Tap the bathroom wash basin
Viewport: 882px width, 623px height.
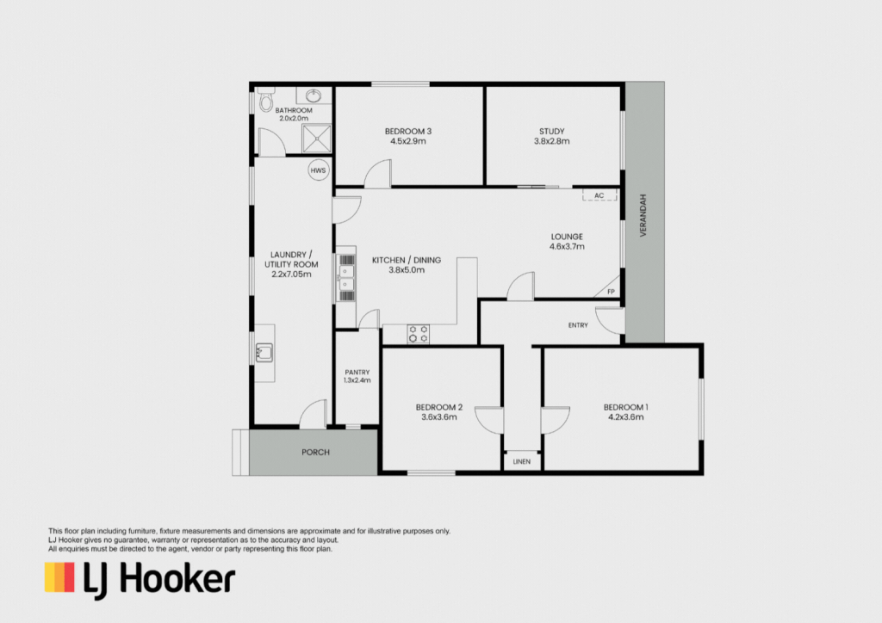tap(314, 96)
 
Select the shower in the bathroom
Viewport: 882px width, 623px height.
tap(317, 139)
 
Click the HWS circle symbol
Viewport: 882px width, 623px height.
tap(318, 170)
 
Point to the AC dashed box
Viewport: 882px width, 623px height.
tap(599, 195)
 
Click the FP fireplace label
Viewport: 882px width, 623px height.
tap(611, 292)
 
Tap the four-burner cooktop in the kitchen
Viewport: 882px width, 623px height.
tap(418, 334)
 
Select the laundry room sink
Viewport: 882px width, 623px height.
tap(264, 352)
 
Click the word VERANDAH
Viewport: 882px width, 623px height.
tap(643, 215)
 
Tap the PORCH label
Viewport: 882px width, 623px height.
tap(315, 453)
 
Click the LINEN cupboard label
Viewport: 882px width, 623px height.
tap(521, 462)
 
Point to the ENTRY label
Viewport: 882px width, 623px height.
tap(578, 325)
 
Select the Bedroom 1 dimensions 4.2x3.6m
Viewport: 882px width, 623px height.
tap(626, 416)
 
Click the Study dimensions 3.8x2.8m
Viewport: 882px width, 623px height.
tap(552, 141)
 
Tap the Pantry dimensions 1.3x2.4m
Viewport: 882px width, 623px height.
tap(357, 380)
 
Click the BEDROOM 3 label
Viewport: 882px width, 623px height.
tap(408, 132)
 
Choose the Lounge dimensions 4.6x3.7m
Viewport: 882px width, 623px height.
tap(567, 246)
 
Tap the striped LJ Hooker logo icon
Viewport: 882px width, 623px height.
tap(59, 577)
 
